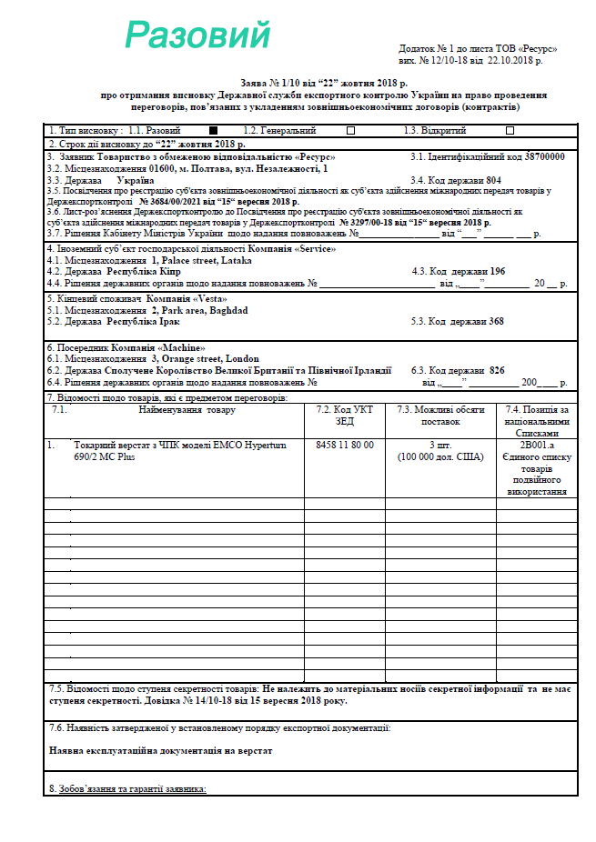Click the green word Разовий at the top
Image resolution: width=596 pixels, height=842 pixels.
tap(197, 35)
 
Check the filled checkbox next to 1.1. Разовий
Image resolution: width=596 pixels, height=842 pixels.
tap(213, 131)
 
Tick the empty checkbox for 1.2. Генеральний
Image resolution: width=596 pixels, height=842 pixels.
tap(350, 131)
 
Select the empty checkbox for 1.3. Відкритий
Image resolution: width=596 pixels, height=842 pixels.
tap(510, 131)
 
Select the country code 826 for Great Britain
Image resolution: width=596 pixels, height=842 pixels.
tap(497, 371)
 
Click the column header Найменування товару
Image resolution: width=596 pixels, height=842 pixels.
tap(187, 410)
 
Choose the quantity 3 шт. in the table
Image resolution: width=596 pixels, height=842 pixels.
tap(443, 445)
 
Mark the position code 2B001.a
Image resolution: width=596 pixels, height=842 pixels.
tap(536, 445)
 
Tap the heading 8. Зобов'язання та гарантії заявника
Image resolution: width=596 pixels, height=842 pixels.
tap(127, 787)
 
